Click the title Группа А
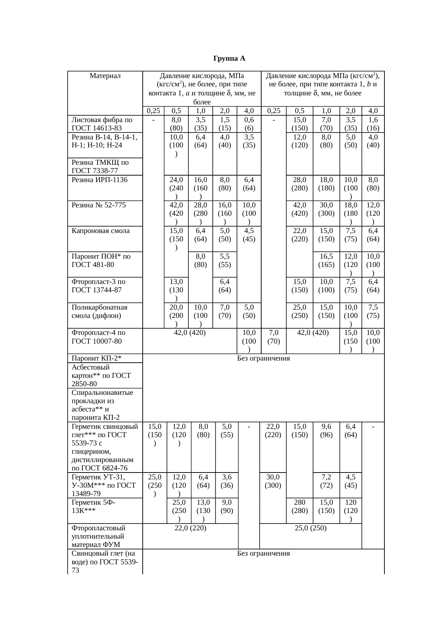tap(229, 59)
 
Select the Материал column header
tap(105, 76)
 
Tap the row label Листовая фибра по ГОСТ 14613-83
tap(102, 124)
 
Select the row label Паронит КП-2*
tap(96, 358)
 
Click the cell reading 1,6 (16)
tap(373, 124)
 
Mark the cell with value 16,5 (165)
tap(326, 260)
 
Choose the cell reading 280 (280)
tap(300, 506)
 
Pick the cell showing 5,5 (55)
tap(225, 260)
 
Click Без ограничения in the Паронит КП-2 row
tap(263, 358)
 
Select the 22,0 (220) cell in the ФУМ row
tap(190, 528)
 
